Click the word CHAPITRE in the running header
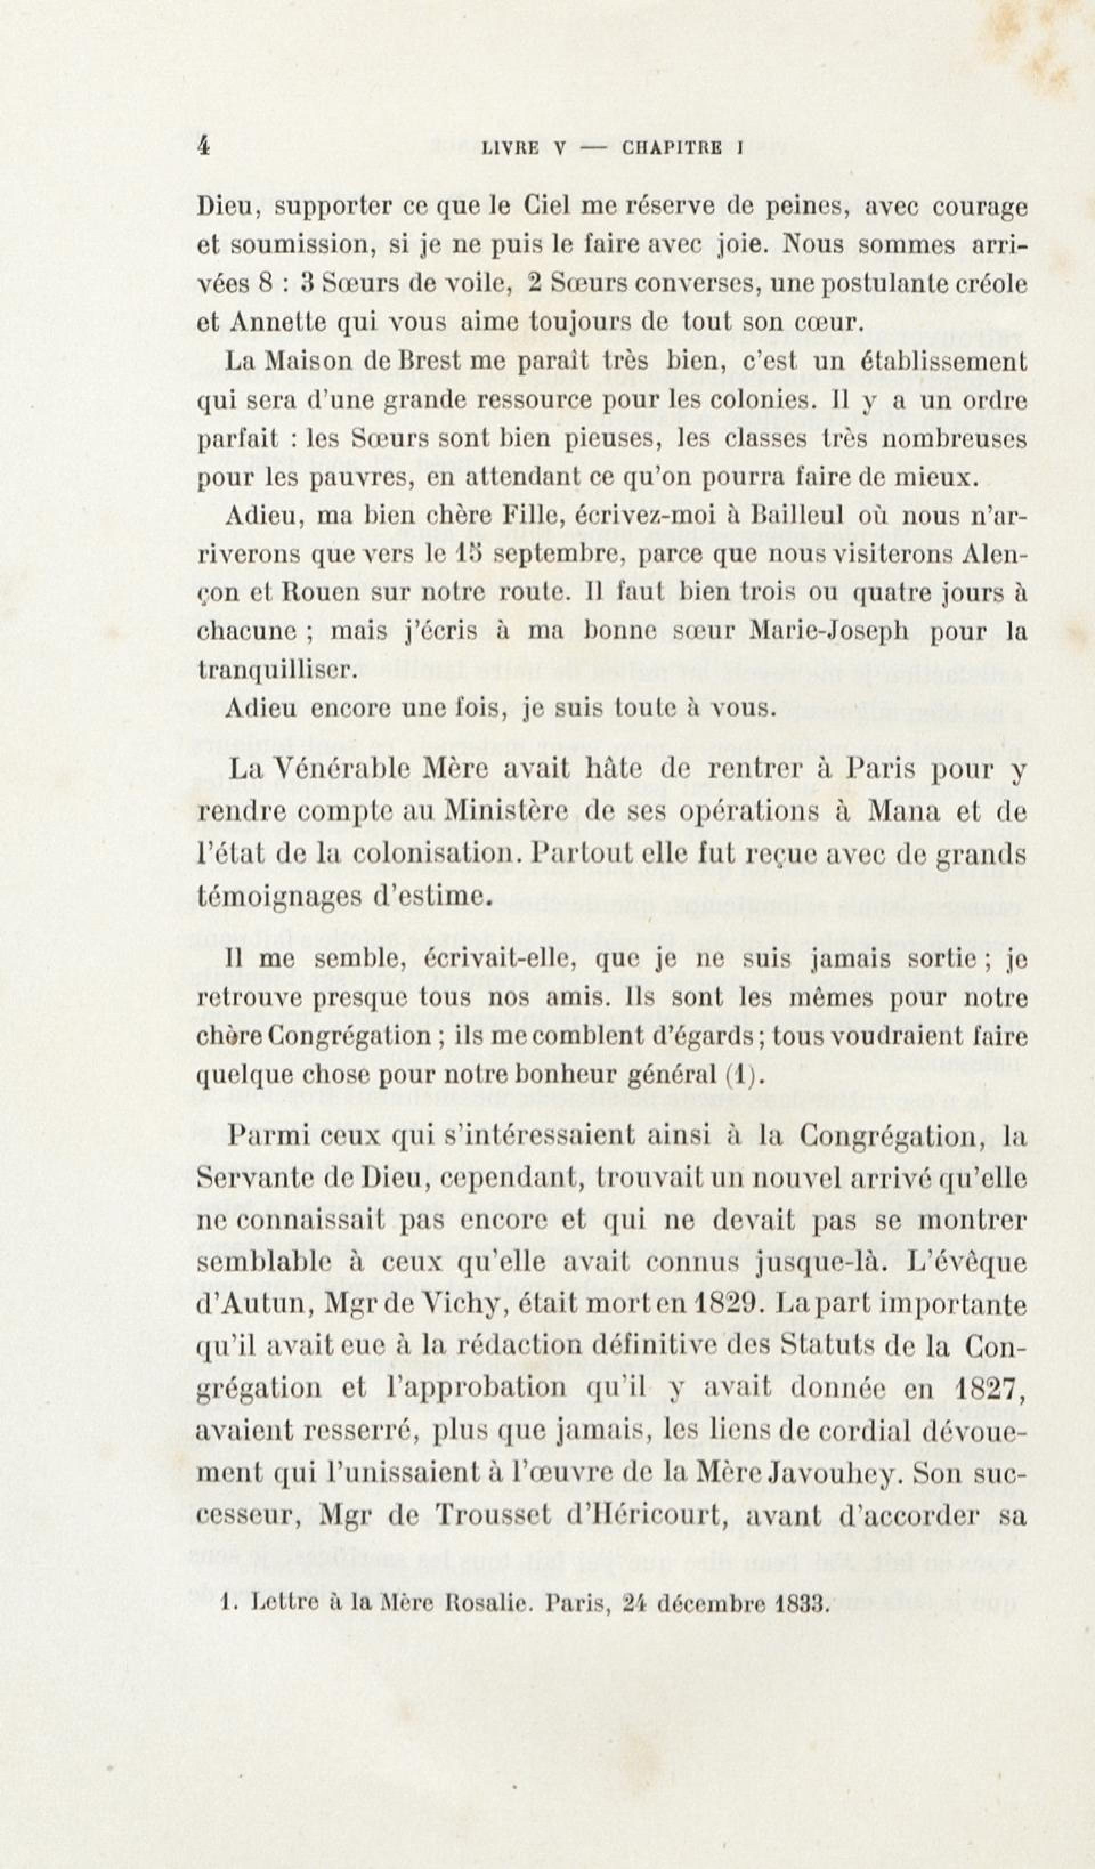(x=672, y=148)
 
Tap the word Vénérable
(x=356, y=771)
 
